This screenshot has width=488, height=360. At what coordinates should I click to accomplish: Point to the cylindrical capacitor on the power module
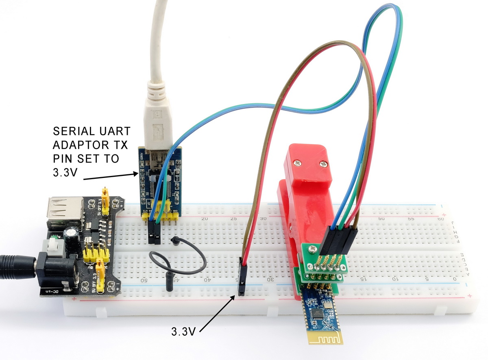click(73, 241)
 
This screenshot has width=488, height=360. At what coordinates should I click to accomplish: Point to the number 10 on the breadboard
click(394, 280)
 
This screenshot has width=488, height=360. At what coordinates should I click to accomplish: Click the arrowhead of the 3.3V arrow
click(235, 297)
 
